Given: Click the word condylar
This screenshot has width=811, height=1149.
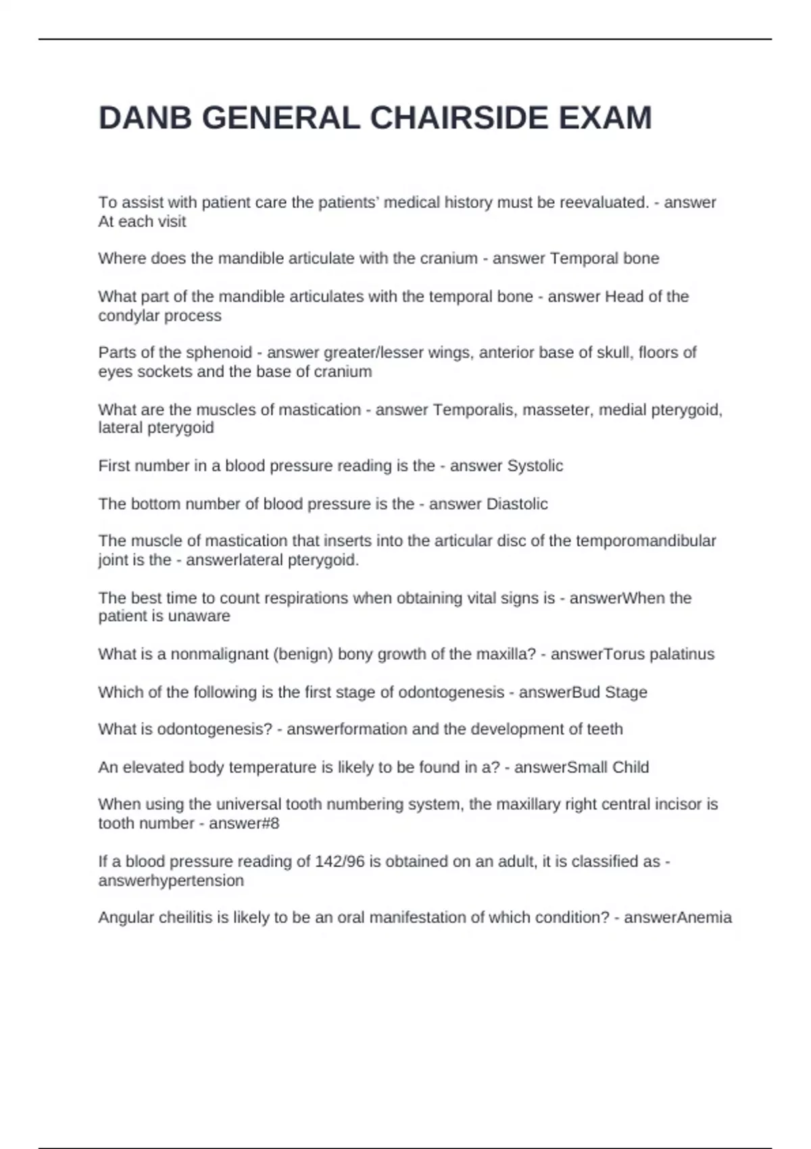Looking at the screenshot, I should [126, 316].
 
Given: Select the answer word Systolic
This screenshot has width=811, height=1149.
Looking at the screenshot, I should [535, 466].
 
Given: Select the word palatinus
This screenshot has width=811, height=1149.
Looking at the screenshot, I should [677, 654].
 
